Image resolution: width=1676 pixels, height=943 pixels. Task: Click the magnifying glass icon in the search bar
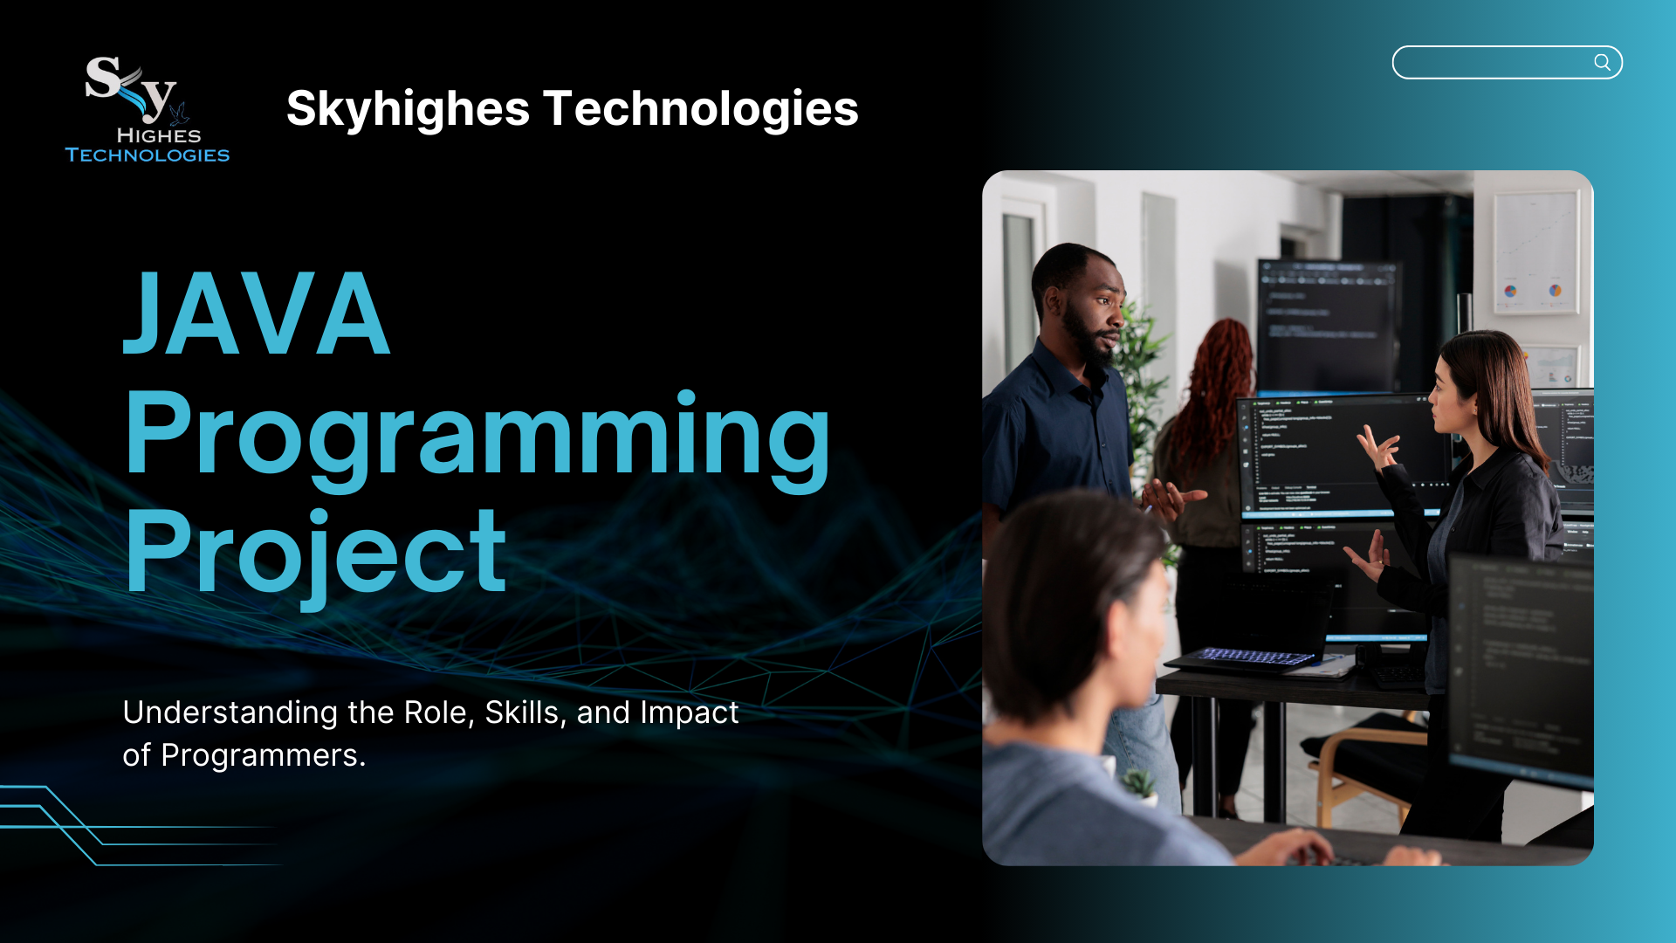(x=1602, y=62)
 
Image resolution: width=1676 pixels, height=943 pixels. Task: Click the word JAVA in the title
(x=257, y=313)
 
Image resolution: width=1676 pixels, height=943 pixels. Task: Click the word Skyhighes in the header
(x=408, y=110)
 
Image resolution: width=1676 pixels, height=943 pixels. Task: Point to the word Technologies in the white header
(x=701, y=108)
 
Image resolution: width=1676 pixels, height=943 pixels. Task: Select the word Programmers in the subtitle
(x=263, y=755)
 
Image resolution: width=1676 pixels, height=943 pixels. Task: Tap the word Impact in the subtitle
(x=690, y=713)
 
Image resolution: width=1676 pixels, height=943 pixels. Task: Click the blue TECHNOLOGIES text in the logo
(x=148, y=155)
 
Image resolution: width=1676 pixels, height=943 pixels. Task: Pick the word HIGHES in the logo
(x=159, y=135)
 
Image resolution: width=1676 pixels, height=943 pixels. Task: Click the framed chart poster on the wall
(x=1535, y=253)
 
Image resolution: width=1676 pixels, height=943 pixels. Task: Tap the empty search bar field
(x=1494, y=62)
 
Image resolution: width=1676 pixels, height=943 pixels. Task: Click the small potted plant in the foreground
(x=1138, y=786)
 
